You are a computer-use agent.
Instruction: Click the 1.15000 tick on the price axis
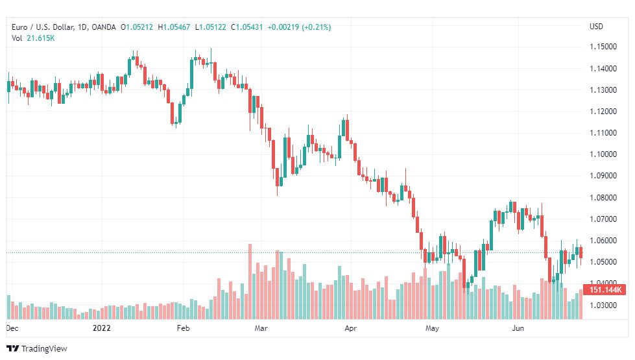(603, 47)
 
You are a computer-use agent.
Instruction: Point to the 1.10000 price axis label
(603, 154)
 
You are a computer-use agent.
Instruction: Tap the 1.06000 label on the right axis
(603, 241)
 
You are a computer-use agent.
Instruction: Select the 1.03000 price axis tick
(603, 305)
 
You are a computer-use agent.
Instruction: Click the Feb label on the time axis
(183, 328)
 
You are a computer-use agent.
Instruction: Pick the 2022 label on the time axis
(102, 328)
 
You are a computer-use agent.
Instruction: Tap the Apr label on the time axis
(351, 328)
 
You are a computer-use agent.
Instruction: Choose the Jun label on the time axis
(518, 328)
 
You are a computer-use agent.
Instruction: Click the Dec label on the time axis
(12, 328)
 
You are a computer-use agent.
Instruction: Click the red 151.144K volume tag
(605, 289)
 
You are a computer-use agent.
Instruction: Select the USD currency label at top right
(596, 27)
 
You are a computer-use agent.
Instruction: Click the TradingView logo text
(44, 349)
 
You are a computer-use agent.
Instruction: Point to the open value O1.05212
(137, 27)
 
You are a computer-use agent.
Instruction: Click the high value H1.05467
(174, 27)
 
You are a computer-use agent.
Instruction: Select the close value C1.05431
(247, 27)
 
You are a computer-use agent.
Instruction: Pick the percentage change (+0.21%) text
(317, 27)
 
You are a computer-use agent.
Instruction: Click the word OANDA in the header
(104, 27)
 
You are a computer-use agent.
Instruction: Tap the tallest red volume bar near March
(250, 282)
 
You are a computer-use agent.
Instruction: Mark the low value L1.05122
(211, 27)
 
